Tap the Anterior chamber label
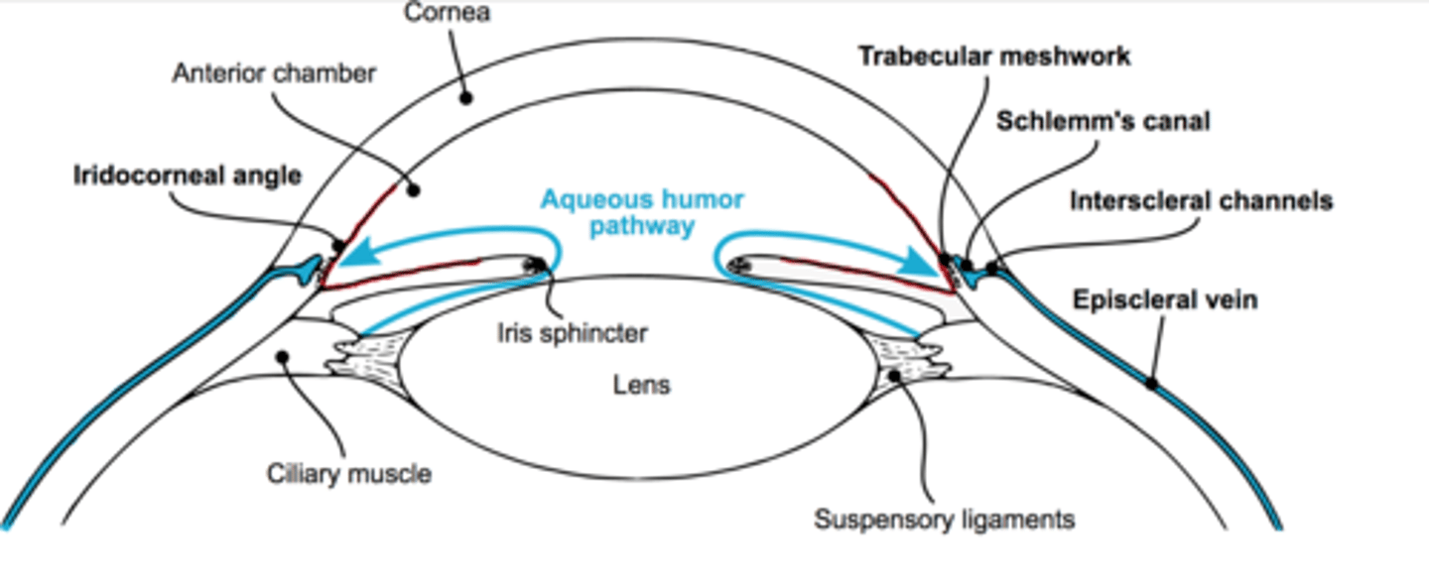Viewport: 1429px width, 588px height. pyautogui.click(x=274, y=73)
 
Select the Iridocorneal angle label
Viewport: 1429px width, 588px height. pyautogui.click(x=187, y=176)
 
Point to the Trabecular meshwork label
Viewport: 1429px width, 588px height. pyautogui.click(x=993, y=56)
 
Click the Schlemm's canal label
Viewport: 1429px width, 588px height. pyautogui.click(x=1103, y=121)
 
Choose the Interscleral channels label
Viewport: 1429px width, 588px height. pyautogui.click(x=1201, y=201)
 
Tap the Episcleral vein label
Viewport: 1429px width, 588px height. pyautogui.click(x=1165, y=298)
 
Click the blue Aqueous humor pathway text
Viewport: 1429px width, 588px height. pyautogui.click(x=641, y=212)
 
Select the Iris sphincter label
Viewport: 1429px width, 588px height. pyautogui.click(x=572, y=332)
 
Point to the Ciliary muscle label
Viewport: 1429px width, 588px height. pyautogui.click(x=349, y=474)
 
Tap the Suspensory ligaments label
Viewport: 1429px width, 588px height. pyautogui.click(x=944, y=519)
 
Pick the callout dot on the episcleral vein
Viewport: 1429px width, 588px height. pyautogui.click(x=1151, y=383)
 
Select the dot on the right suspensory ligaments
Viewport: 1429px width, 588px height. pyautogui.click(x=895, y=375)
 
